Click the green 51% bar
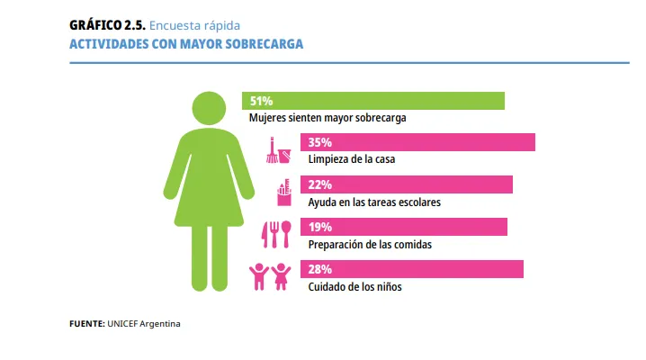pyautogui.click(x=372, y=101)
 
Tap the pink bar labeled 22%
pyautogui.click(x=408, y=184)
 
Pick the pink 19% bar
pyautogui.click(x=405, y=227)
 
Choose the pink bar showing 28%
pyautogui.click(x=413, y=269)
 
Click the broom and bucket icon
pyautogui.click(x=279, y=149)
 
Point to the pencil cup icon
pyautogui.click(x=284, y=192)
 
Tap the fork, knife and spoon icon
pyautogui.click(x=275, y=234)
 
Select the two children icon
pyautogui.click(x=272, y=276)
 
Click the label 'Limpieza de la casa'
pyautogui.click(x=352, y=159)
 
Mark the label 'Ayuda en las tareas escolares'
pyautogui.click(x=374, y=202)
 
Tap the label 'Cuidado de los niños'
pyautogui.click(x=354, y=286)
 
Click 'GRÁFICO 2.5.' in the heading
pyautogui.click(x=100, y=25)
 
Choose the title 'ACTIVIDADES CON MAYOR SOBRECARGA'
pyautogui.click(x=186, y=43)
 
